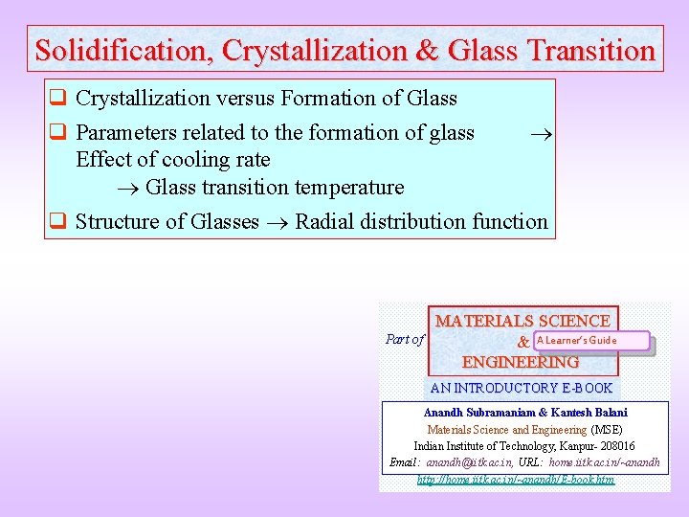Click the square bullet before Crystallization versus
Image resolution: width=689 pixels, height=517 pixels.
tap(57, 99)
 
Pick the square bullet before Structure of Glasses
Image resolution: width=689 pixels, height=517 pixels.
tap(57, 222)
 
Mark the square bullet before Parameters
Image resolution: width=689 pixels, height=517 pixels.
tap(57, 133)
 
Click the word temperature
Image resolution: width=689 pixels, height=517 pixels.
tap(348, 187)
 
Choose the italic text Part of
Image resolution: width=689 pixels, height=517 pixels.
tap(404, 339)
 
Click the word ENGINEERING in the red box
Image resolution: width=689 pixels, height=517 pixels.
tap(520, 363)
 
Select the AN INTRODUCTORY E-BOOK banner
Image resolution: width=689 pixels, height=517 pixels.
tap(521, 388)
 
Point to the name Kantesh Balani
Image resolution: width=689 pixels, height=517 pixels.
tap(589, 413)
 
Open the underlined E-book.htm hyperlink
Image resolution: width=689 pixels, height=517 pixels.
tap(516, 479)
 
